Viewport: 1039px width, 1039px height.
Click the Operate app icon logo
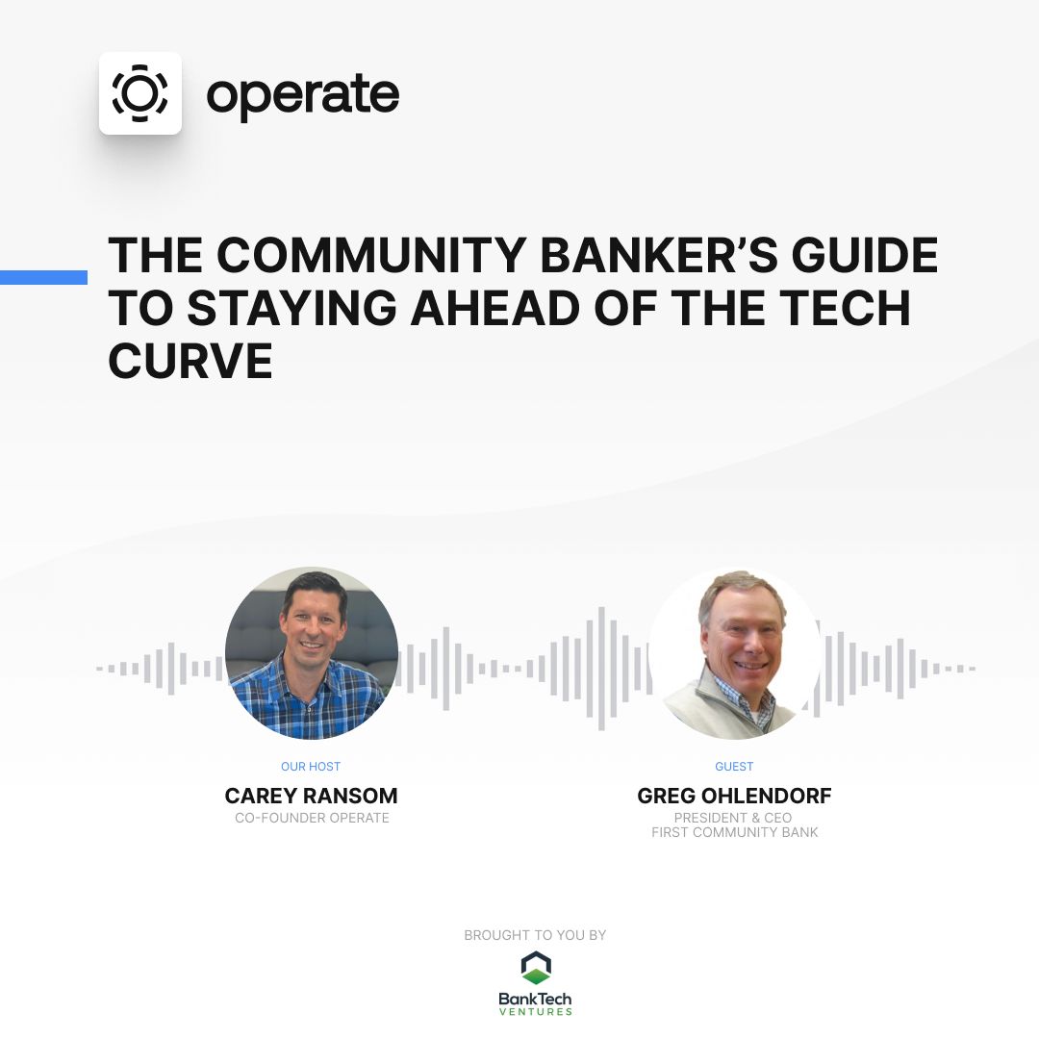[x=140, y=93]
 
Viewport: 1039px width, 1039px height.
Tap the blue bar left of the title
[x=43, y=277]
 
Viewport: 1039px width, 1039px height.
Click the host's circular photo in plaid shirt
[x=312, y=653]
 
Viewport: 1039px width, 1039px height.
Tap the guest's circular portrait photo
[x=734, y=653]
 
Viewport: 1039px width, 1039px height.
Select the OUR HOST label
[x=311, y=767]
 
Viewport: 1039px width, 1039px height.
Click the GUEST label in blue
[x=734, y=767]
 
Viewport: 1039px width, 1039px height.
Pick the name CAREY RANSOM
[x=311, y=796]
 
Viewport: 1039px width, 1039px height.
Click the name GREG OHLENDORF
[x=734, y=796]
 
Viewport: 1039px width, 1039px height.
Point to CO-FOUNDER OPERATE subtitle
[x=312, y=818]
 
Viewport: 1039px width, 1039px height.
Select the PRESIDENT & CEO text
[x=734, y=818]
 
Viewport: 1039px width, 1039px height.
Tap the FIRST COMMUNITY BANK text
[x=734, y=832]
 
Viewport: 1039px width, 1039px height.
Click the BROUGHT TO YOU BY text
[x=535, y=935]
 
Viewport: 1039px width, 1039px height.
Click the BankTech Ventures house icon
[x=535, y=968]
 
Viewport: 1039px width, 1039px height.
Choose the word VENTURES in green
[x=535, y=1011]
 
